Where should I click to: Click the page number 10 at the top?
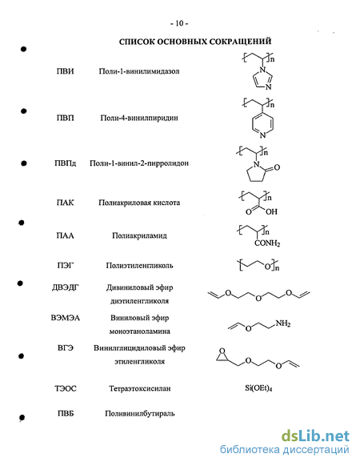(179, 23)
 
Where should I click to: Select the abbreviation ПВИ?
(65, 71)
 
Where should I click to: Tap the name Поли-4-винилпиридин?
(139, 118)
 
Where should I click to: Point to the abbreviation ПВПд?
(65, 163)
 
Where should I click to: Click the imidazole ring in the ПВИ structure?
(262, 78)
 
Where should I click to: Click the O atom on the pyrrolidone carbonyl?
(277, 167)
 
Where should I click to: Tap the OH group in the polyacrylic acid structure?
(271, 211)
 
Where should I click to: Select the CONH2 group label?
(267, 243)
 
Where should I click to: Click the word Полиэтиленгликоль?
(139, 265)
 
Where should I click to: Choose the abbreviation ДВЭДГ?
(66, 287)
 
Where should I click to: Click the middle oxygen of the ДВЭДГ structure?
(258, 298)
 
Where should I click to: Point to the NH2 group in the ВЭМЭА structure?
(282, 323)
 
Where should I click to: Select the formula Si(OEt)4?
(258, 388)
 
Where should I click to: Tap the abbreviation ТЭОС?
(66, 388)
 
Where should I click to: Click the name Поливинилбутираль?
(140, 413)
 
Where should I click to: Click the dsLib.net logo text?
(315, 436)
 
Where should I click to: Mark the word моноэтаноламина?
(140, 331)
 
